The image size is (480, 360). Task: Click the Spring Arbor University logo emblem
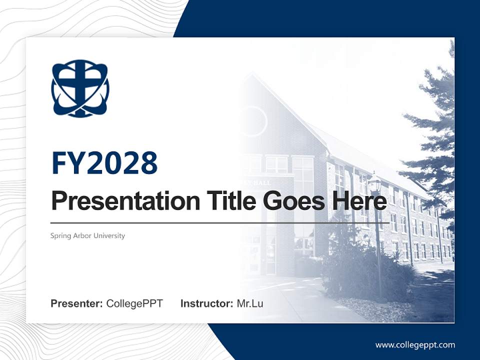[80, 88]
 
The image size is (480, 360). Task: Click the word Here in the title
[357, 201]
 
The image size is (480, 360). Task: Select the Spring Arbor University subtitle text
[87, 235]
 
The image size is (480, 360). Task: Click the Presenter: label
[77, 303]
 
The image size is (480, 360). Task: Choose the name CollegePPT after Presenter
[134, 303]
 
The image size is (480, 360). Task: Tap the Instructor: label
[206, 303]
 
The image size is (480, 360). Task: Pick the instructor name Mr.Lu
[250, 303]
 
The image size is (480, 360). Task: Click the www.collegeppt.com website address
[415, 344]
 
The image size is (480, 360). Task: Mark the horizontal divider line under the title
[220, 222]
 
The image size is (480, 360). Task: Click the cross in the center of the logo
[80, 85]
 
